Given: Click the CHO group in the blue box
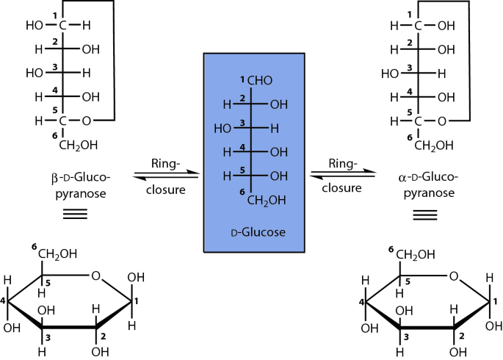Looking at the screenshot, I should [x=263, y=80].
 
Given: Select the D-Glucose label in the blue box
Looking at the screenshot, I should [x=254, y=232].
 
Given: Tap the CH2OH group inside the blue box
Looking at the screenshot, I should [x=266, y=200].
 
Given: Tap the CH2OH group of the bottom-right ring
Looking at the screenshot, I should [x=416, y=255].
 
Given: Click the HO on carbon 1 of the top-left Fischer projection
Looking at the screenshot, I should [x=35, y=24].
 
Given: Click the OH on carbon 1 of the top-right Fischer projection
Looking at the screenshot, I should [x=446, y=24].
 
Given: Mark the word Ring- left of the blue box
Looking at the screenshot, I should [x=165, y=162].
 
